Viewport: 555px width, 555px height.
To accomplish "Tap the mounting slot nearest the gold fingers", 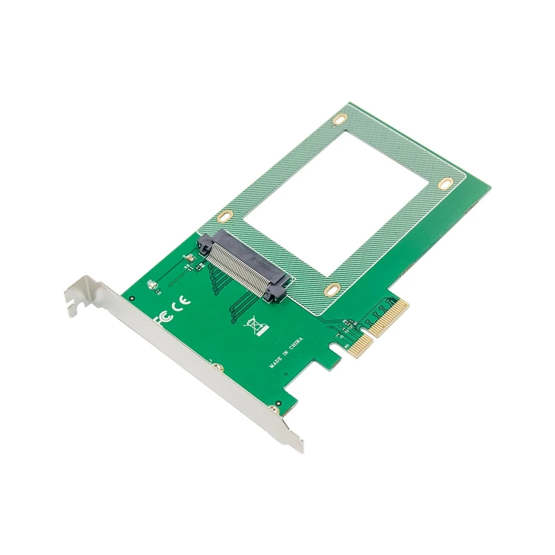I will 333,289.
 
